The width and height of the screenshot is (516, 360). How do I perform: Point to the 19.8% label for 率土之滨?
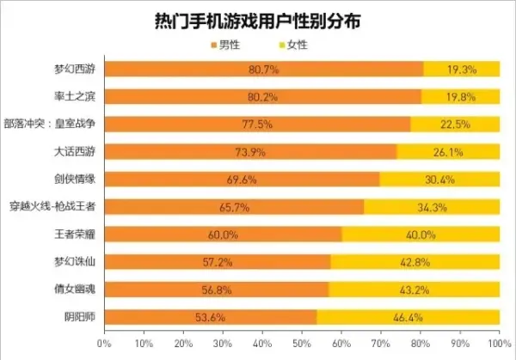[461, 97]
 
